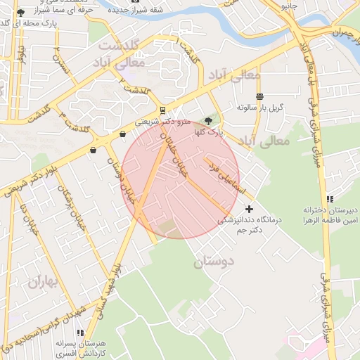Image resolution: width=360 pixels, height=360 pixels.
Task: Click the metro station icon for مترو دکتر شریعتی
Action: pos(162,110)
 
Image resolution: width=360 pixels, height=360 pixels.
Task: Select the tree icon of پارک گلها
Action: pos(207,121)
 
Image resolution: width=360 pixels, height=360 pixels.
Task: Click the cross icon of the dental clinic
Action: pos(249,209)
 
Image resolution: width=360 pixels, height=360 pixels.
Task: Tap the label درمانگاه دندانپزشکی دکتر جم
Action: pos(250,225)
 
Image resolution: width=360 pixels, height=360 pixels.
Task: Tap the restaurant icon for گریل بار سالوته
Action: pos(259,96)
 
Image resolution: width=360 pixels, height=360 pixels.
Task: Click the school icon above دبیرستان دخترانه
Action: pos(330,199)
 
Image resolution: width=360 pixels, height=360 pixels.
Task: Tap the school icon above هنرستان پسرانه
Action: pos(81,333)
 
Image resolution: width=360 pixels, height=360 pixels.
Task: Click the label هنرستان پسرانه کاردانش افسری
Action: pos(81,347)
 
